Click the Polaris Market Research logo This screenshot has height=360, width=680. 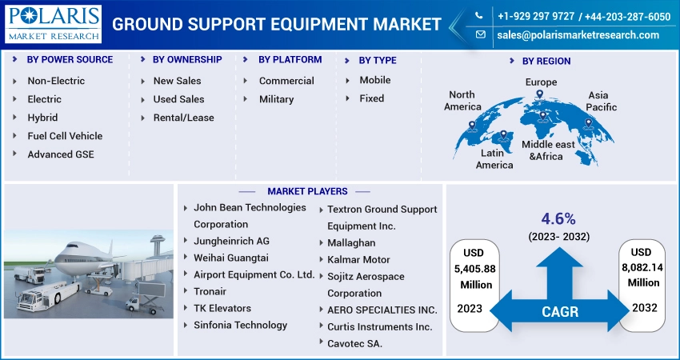(x=54, y=24)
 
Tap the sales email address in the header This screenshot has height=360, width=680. (x=578, y=35)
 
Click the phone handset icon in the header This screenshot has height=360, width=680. (x=478, y=16)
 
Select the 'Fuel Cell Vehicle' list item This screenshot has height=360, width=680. (x=65, y=136)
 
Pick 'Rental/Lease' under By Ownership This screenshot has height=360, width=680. (x=183, y=118)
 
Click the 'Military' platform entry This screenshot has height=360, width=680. (x=276, y=99)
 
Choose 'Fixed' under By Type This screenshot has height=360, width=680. (x=372, y=98)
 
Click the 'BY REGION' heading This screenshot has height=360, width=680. (x=546, y=61)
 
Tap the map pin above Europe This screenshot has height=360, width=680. (x=539, y=94)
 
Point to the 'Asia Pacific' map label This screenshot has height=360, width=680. (x=601, y=101)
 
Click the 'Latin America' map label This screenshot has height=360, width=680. (x=494, y=158)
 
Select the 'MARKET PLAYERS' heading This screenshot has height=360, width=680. (x=307, y=191)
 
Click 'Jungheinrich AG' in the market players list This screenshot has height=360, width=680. (x=231, y=241)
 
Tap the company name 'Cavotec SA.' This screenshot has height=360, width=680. (x=354, y=343)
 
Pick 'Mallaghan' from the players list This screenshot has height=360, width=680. (x=351, y=243)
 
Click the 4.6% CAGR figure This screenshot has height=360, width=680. (x=558, y=219)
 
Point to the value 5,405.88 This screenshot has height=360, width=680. (x=475, y=269)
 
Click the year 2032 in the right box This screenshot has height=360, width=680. (x=645, y=307)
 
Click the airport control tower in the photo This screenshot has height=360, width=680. (x=157, y=245)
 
